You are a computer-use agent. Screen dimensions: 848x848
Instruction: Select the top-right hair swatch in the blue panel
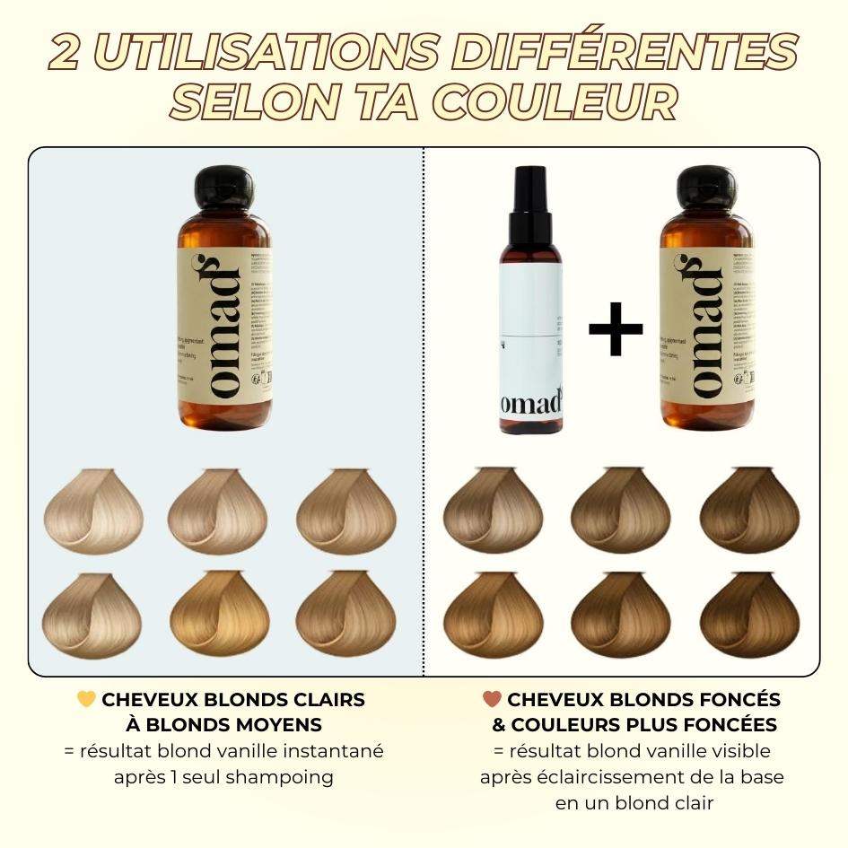coord(346,511)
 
